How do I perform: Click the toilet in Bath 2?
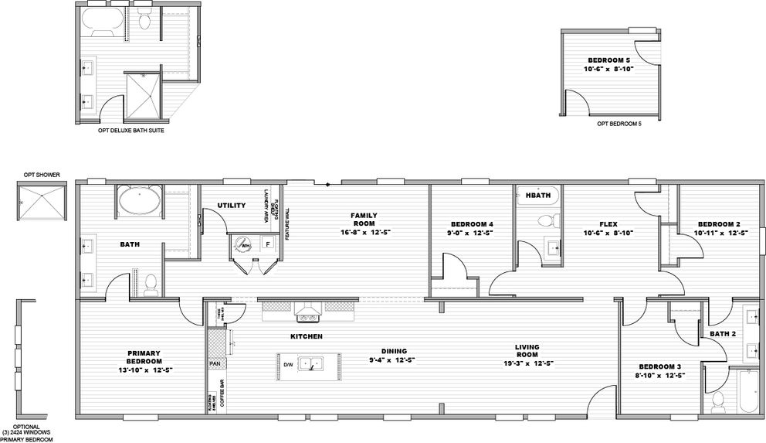click(x=717, y=401)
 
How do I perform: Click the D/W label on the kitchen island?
click(x=288, y=364)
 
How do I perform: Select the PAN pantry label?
click(x=214, y=363)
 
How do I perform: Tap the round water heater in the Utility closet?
click(x=245, y=245)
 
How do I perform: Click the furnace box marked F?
click(x=267, y=244)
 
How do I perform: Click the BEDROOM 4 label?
click(x=472, y=224)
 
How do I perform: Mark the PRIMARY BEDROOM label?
click(x=144, y=357)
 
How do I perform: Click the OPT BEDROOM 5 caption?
click(x=619, y=123)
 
